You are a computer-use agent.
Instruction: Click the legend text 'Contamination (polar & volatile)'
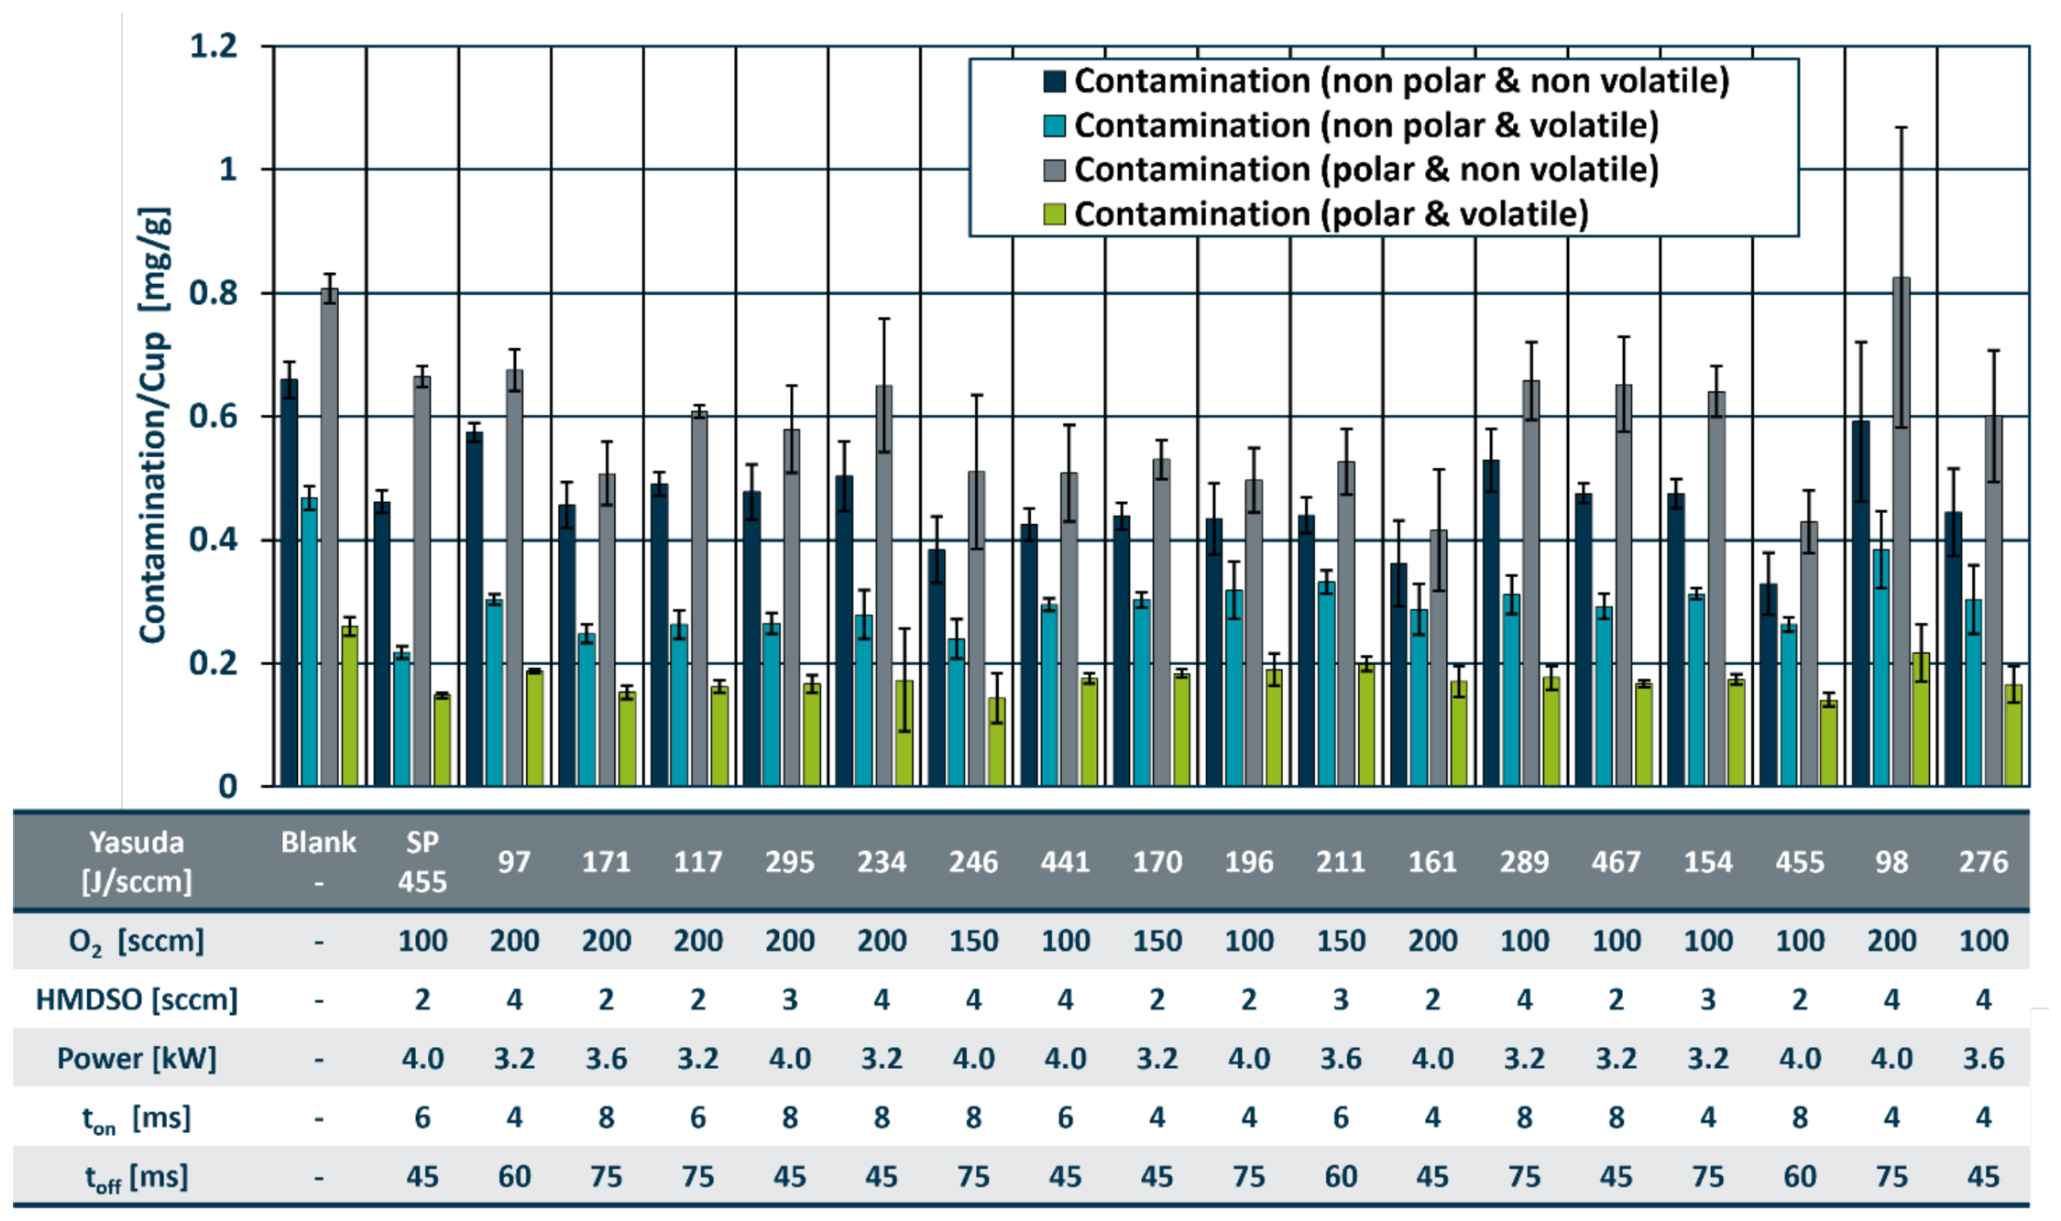1331,213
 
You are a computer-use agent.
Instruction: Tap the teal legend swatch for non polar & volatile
1054,125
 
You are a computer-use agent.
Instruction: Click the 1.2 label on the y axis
214,45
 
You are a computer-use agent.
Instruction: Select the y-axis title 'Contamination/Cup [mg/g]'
153,426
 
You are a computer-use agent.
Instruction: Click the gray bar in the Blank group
329,537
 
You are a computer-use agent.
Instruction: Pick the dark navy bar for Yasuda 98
1860,604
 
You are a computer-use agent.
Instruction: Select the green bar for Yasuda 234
904,733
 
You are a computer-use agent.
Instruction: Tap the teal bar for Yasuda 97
494,692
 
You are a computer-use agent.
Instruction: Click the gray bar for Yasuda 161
1439,658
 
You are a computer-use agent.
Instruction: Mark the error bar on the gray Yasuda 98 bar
1902,277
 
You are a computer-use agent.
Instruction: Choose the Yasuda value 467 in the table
1616,862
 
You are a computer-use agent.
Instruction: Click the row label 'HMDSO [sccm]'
137,999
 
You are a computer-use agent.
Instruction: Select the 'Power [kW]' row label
137,1059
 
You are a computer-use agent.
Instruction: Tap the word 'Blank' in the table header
318,842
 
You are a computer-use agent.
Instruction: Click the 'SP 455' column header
422,862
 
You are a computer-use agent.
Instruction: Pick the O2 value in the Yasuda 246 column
973,941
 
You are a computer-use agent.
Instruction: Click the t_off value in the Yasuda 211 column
1341,1176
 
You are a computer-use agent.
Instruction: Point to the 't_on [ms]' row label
137,1118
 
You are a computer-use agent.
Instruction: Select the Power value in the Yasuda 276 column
1984,1059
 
